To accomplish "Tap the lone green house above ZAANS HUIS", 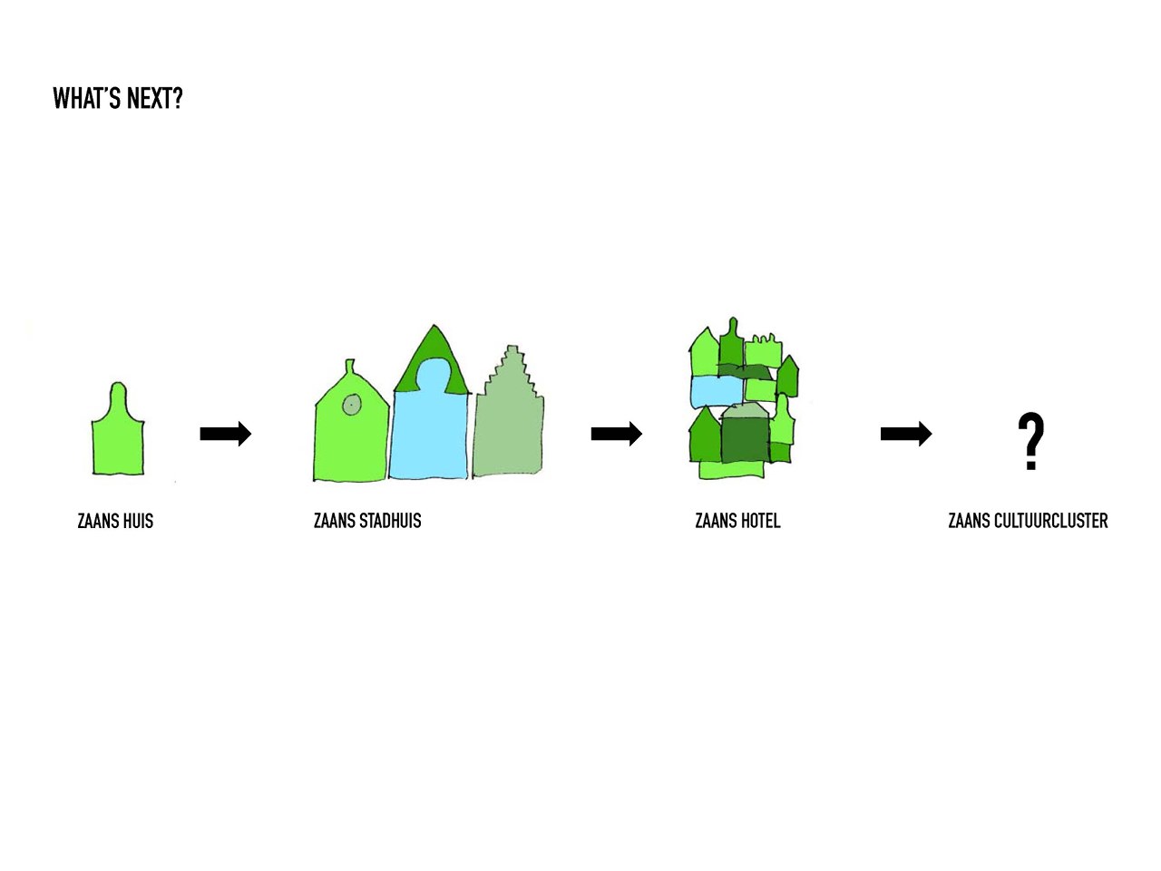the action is pyautogui.click(x=117, y=429).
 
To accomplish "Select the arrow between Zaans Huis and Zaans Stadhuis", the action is pyautogui.click(x=225, y=434).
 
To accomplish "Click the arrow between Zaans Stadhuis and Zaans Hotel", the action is pyautogui.click(x=616, y=434).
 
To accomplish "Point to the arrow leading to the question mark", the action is pyautogui.click(x=906, y=434).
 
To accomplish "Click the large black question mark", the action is pyautogui.click(x=1031, y=441).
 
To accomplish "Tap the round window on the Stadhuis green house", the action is pyautogui.click(x=352, y=405).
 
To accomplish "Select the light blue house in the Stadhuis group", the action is pyautogui.click(x=429, y=423).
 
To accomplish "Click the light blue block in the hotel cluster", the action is pyautogui.click(x=717, y=391).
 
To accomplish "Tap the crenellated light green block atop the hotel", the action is pyautogui.click(x=763, y=350).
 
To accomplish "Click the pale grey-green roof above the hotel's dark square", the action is pyautogui.click(x=745, y=410).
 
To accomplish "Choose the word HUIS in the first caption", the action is pyautogui.click(x=138, y=521).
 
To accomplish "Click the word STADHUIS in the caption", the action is pyautogui.click(x=390, y=521).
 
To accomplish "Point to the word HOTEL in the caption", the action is pyautogui.click(x=761, y=521).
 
